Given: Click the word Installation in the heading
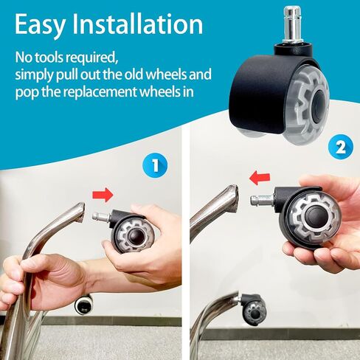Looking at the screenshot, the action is [138, 24].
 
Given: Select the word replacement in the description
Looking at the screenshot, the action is [100, 91].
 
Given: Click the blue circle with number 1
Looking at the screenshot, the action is [155, 165].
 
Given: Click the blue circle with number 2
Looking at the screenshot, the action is [341, 148].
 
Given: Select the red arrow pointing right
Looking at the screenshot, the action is [103, 195].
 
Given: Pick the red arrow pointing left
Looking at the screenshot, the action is [260, 178].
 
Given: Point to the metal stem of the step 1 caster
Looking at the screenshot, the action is [101, 217].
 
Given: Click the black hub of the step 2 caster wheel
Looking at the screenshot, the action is [314, 216].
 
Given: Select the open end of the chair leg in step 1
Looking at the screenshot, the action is [80, 213].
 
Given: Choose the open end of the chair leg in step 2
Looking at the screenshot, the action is [233, 198].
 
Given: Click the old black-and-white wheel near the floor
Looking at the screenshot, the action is [84, 305].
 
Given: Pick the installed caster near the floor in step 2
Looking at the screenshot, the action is [253, 308].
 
